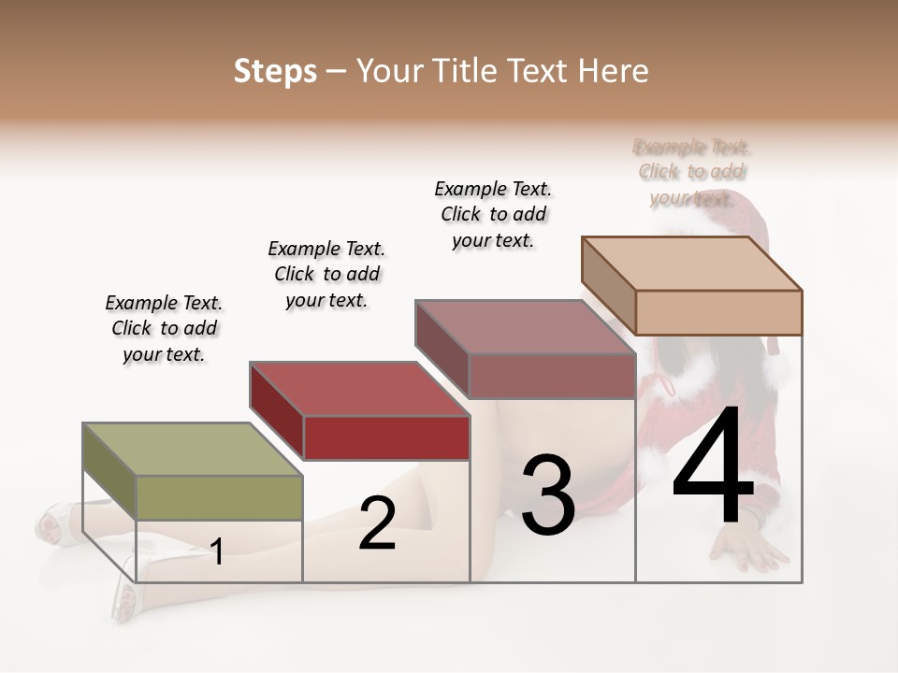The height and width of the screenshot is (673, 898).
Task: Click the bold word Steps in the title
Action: click(275, 71)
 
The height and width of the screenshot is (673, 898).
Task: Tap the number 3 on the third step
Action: click(547, 495)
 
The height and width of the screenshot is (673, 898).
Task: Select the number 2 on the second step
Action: click(377, 523)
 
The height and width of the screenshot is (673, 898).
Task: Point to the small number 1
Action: click(217, 552)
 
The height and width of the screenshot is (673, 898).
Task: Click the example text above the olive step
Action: click(164, 328)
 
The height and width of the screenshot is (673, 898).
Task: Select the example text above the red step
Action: click(326, 274)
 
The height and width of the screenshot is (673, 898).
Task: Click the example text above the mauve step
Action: click(493, 214)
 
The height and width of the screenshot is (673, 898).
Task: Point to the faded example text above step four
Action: click(692, 172)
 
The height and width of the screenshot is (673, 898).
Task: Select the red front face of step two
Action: click(386, 437)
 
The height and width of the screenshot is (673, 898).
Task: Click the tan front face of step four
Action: click(718, 312)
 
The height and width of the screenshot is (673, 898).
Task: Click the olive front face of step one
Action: click(220, 497)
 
